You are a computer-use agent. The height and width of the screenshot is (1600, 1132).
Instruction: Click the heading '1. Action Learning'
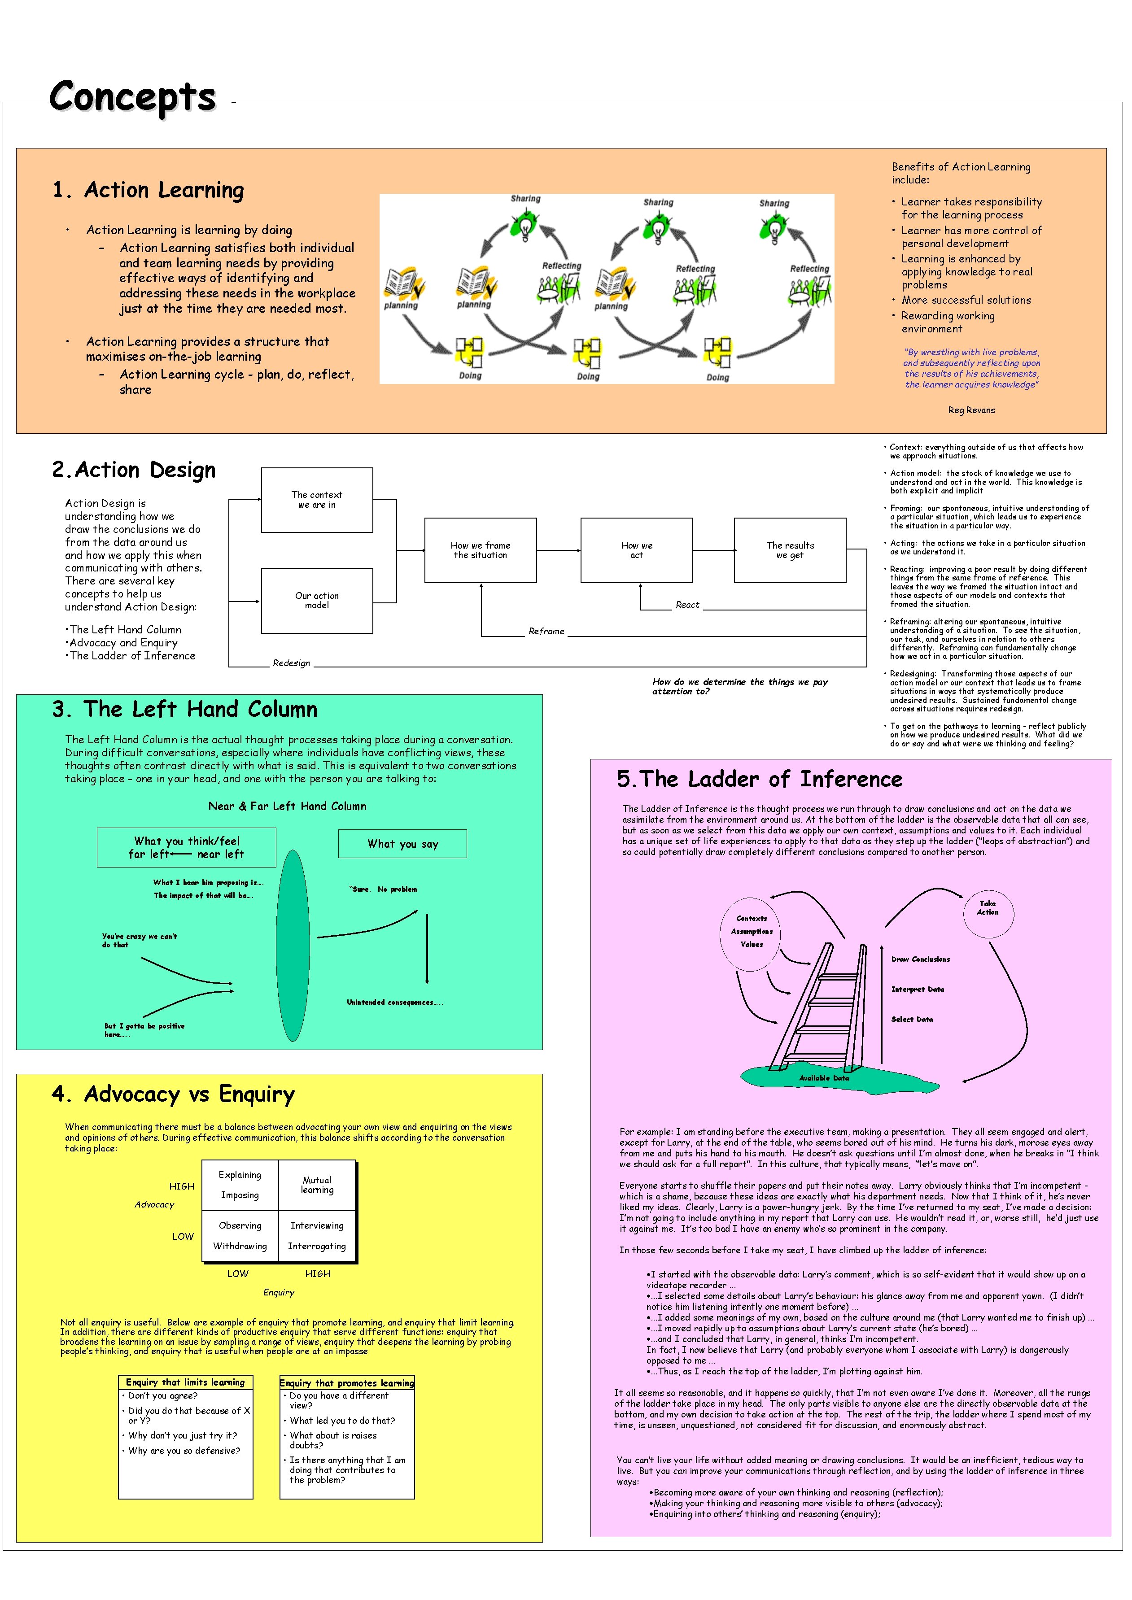(149, 190)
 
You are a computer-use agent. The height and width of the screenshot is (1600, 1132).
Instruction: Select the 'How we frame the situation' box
(480, 550)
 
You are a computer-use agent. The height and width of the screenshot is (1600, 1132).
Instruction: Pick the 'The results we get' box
(790, 550)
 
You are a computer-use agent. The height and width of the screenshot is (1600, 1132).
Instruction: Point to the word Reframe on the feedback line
(546, 632)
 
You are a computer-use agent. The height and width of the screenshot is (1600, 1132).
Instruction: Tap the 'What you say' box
(402, 844)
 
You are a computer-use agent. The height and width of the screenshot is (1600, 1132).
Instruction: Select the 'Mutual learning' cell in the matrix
(317, 1185)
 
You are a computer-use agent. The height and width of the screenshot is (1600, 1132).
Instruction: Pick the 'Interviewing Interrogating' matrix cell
(317, 1235)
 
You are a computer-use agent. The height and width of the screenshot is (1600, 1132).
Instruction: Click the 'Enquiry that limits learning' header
(185, 1382)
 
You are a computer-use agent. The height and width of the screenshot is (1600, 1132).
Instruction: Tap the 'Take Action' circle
(987, 907)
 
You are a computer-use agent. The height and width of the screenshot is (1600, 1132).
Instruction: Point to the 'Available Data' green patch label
(824, 1077)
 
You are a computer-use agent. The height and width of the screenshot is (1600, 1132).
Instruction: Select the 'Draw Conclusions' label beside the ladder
(920, 959)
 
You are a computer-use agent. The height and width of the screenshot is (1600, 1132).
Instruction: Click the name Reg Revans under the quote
(971, 410)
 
